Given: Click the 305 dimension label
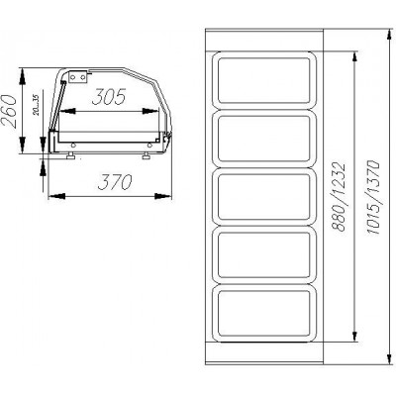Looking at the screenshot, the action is [x=109, y=97].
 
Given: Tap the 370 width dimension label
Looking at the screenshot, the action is [x=115, y=182].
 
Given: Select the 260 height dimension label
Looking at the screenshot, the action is [x=9, y=112].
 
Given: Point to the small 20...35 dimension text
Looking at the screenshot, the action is [x=36, y=105].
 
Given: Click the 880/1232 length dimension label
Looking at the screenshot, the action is [x=339, y=196].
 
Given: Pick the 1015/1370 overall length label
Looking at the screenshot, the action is [x=373, y=197].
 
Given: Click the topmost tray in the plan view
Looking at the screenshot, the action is [x=264, y=80].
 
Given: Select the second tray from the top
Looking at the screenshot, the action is [x=264, y=139].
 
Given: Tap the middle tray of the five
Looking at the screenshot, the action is [x=264, y=197].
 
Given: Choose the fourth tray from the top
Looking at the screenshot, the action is [x=264, y=255].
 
